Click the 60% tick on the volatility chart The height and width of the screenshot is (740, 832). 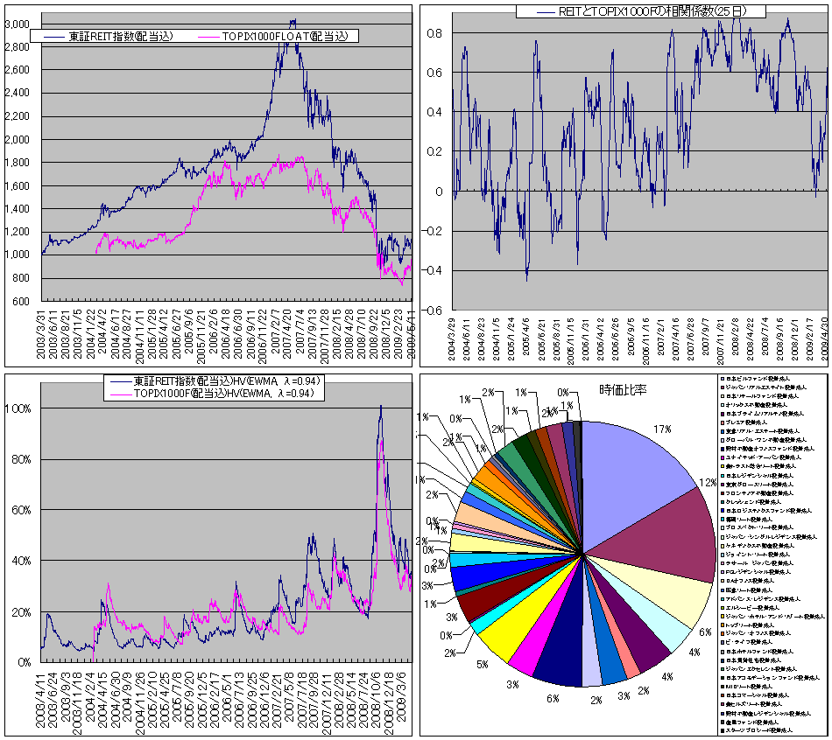[22, 510]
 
